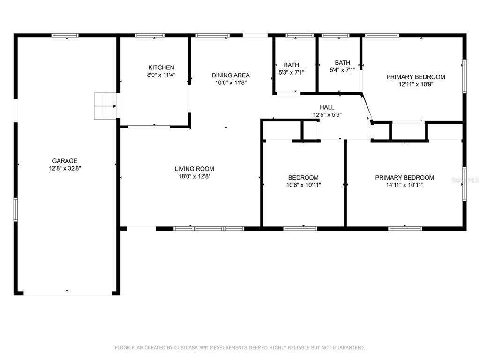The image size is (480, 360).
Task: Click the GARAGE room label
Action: [x=65, y=161]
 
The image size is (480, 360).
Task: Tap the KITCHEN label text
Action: [x=161, y=67]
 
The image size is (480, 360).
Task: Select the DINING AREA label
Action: [x=231, y=75]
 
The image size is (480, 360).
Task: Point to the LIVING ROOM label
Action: [x=195, y=169]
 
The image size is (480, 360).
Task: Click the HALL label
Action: [x=327, y=107]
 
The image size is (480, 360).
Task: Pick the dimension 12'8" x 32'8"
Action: [x=65, y=168]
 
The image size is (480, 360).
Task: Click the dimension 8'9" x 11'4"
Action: [x=161, y=75]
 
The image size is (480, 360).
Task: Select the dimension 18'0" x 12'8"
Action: [x=195, y=176]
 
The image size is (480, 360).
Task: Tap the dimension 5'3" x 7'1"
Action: [x=291, y=73]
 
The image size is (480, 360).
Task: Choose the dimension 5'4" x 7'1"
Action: [x=342, y=70]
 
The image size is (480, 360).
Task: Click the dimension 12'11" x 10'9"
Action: [x=416, y=84]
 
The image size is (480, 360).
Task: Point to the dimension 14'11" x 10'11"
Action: [x=405, y=185]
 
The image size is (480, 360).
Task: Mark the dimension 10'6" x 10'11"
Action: [x=303, y=185]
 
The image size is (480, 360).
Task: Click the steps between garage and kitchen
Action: [x=105, y=106]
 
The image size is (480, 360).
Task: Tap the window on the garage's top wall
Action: [x=65, y=36]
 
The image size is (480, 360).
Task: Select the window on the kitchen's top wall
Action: [x=150, y=36]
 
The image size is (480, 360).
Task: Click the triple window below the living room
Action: [x=209, y=228]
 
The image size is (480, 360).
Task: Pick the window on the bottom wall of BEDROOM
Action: [x=300, y=228]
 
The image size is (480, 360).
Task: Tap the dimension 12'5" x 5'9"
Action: [x=327, y=115]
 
